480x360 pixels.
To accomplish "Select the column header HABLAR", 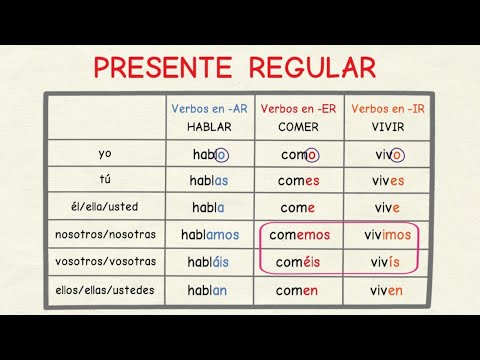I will click(x=209, y=127).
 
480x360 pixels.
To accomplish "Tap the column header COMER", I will click(x=297, y=127).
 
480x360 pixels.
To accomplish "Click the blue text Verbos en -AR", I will click(x=209, y=108).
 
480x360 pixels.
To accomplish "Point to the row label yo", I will click(x=105, y=154).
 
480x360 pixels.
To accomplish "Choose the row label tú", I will click(x=105, y=180).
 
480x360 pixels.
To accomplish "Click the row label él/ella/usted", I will click(x=105, y=207).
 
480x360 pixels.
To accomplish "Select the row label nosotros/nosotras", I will click(x=105, y=234).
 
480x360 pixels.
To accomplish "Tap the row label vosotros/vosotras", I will click(x=105, y=261).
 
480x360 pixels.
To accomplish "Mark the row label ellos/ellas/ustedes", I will click(x=105, y=288).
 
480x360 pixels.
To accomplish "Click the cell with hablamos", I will click(x=210, y=235).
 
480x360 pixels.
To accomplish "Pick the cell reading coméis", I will click(x=297, y=262).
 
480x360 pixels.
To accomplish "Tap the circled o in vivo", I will click(x=397, y=155).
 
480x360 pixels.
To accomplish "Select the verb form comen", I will click(x=297, y=290).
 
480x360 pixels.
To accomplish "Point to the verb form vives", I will click(x=384, y=181).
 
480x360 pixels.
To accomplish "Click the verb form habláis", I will click(x=210, y=262).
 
